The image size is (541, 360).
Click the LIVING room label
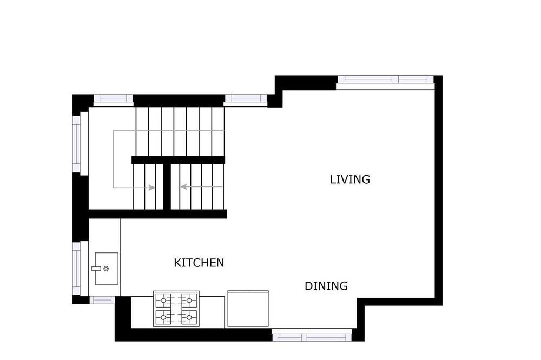pos(350,179)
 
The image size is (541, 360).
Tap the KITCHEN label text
pos(199,263)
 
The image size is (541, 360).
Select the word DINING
pos(326,286)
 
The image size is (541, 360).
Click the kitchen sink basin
pos(107,269)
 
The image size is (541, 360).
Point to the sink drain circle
pos(106,269)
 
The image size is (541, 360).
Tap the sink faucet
pos(96,268)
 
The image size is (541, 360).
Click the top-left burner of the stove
pos(163,301)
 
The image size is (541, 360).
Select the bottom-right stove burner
pos(189,317)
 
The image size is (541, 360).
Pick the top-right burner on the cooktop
pos(189,301)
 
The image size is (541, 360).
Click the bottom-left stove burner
pos(163,317)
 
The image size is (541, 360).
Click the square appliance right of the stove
pos(248,309)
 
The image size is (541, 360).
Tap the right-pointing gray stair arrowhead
pos(151,188)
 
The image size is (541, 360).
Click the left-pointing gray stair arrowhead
pos(184,186)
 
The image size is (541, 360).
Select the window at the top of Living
pos(385,79)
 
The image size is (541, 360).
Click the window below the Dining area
pos(312,336)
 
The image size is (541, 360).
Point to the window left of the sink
pos(76,268)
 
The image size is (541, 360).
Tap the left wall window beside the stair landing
pos(76,144)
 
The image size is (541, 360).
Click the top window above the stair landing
pos(113,98)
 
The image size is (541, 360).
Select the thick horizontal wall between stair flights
pos(178,159)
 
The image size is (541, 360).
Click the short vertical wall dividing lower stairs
pos(167,186)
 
